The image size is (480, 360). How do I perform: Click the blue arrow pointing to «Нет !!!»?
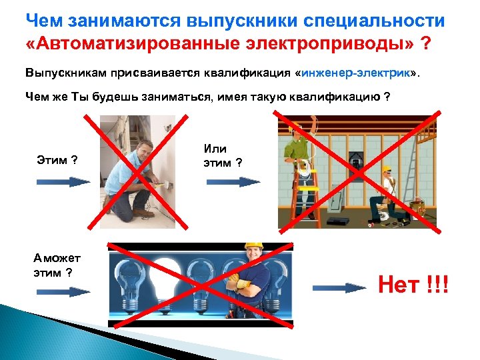point(339,289)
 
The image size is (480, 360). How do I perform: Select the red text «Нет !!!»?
point(414,286)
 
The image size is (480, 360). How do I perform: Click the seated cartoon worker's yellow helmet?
point(387,169)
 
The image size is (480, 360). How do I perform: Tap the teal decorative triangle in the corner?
point(33,333)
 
